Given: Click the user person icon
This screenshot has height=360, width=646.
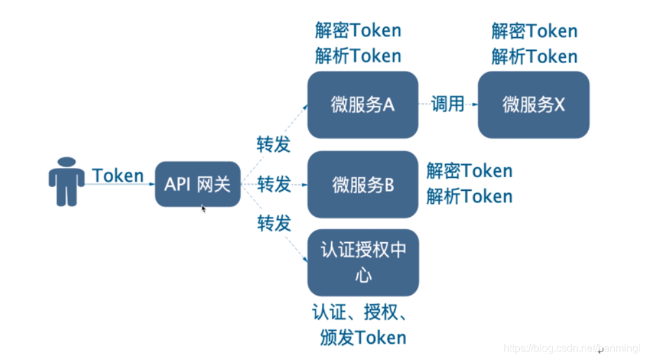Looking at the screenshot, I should tap(66, 182).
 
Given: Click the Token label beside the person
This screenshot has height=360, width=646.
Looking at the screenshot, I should tap(118, 176).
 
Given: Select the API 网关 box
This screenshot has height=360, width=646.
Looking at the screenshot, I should tap(198, 184).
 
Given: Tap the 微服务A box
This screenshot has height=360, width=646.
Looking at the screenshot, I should tap(362, 105).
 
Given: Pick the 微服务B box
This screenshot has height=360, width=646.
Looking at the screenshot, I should tap(362, 185).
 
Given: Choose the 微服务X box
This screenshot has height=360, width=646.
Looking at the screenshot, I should tap(533, 105).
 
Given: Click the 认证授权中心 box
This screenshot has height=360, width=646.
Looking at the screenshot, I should tap(362, 262).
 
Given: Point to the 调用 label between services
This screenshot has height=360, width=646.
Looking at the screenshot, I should tap(448, 104).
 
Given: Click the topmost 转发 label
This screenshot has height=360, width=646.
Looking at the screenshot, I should tap(274, 145).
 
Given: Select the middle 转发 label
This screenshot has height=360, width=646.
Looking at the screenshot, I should tap(274, 184).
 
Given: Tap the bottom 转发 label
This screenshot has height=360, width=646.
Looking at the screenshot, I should tap(274, 224).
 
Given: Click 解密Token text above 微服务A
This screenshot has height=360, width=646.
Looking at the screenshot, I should tap(358, 31).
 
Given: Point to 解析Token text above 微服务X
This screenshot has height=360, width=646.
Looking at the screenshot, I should tap(534, 57).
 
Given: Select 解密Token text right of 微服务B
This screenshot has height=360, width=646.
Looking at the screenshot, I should tap(469, 171).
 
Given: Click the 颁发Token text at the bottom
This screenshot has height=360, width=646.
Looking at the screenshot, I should tap(362, 337).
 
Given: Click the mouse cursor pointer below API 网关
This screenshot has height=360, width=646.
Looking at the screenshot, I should tap(204, 209).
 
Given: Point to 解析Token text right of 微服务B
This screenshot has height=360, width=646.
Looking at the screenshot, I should tap(469, 197).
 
